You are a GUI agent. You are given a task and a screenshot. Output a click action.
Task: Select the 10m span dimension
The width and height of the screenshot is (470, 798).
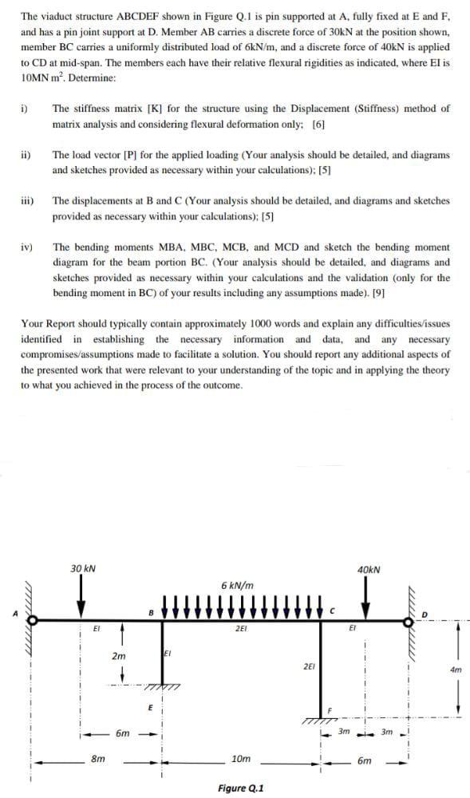[239, 758]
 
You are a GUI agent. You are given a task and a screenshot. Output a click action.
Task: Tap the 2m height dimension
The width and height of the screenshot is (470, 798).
[118, 655]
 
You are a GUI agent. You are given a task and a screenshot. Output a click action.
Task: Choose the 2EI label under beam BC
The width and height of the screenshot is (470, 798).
[240, 630]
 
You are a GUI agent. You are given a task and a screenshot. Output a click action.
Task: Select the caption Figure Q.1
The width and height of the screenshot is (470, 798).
[240, 788]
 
